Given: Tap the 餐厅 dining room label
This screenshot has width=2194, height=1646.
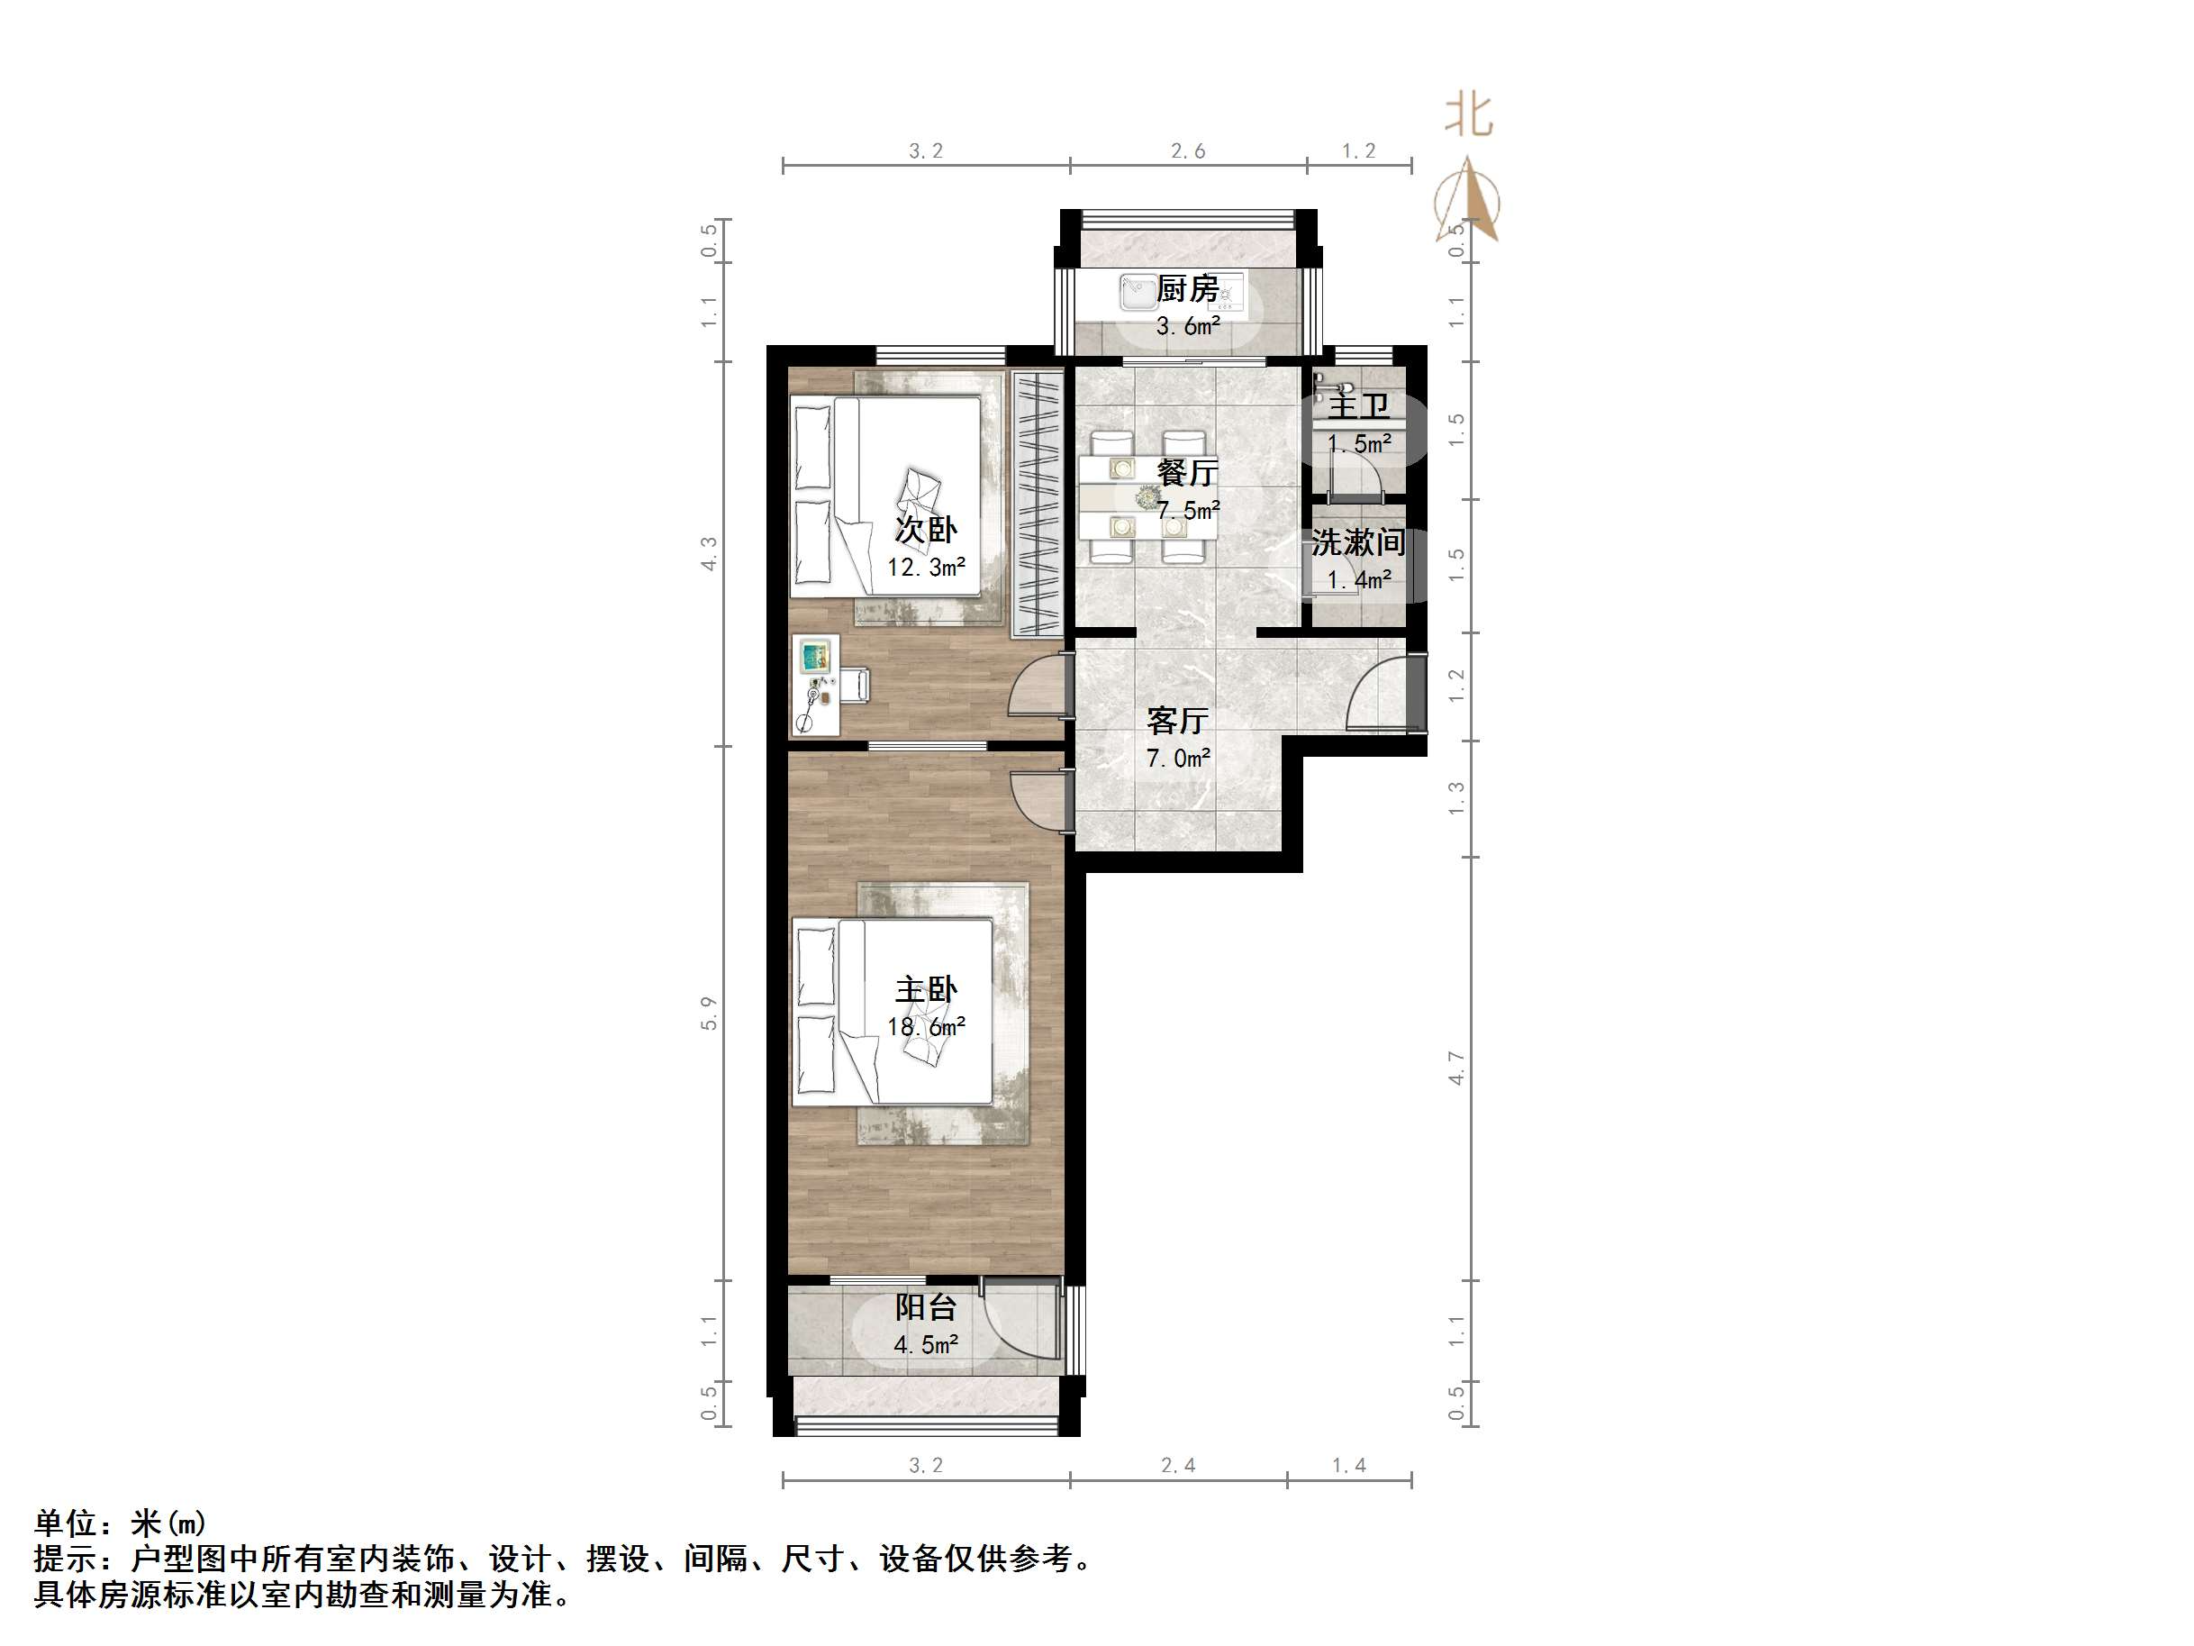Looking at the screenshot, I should [1187, 472].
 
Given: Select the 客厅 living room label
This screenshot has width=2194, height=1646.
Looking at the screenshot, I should [1177, 721].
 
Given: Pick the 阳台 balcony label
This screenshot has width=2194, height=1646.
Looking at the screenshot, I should [925, 1306].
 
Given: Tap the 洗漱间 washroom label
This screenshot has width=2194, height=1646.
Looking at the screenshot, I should [1358, 541].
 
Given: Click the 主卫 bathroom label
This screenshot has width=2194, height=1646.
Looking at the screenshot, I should [1358, 405].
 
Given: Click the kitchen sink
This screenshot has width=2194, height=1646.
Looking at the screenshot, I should [1136, 292].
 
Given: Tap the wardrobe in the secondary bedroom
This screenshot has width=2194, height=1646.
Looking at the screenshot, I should [1037, 504].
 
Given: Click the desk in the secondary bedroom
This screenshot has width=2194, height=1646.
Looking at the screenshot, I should [817, 686].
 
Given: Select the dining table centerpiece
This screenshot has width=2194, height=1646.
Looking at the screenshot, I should [1147, 497].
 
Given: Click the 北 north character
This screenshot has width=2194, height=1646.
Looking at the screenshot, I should [1468, 114].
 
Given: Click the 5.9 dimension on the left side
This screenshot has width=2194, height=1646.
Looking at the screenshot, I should [708, 1013].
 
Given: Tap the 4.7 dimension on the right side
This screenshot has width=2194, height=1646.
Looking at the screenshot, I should [1456, 1069].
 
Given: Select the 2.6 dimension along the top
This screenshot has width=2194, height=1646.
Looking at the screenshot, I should [1187, 150].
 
